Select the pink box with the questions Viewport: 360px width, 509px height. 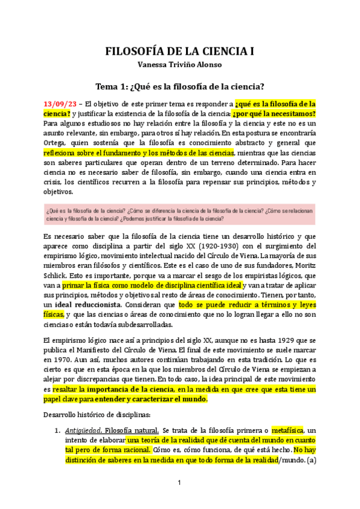[x=179, y=214]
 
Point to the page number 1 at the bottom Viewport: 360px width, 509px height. [x=179, y=483]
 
